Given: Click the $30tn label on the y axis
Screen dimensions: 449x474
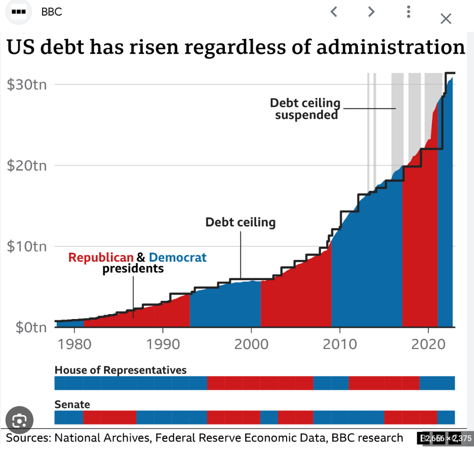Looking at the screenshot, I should click(27, 84).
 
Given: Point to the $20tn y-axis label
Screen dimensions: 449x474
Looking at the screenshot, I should click(27, 165).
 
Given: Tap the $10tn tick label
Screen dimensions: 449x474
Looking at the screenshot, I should click(27, 246).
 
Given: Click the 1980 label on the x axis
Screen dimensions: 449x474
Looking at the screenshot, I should click(74, 344).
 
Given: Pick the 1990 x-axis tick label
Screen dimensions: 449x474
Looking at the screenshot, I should click(163, 344).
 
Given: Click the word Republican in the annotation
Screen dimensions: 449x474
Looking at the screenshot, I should click(101, 257).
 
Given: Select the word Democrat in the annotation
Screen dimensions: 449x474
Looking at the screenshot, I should click(178, 257).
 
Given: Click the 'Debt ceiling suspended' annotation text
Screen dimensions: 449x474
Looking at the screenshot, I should click(305, 109).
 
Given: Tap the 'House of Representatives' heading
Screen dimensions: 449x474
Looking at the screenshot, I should click(121, 370).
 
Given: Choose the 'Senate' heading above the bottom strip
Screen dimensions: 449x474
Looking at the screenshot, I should click(72, 404).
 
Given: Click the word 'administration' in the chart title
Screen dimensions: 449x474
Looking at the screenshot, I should click(390, 47).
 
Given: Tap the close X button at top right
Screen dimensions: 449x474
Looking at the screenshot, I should click(446, 19).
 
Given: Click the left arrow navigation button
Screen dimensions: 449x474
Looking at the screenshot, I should click(334, 12).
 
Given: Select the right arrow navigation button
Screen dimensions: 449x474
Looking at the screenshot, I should click(371, 12).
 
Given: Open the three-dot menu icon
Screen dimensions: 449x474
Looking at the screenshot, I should click(409, 12).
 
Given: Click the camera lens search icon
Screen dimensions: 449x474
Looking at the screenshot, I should click(19, 421).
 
